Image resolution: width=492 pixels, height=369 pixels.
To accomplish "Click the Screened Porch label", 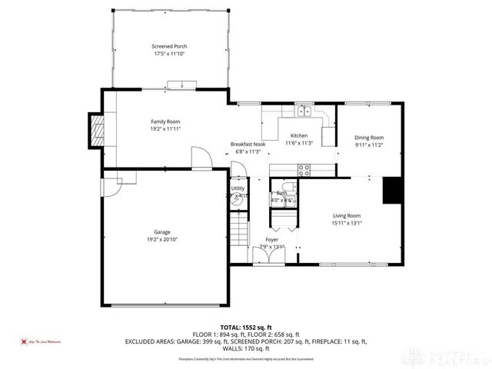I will tap(169, 46).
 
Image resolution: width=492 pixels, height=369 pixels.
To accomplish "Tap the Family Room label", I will tap(165, 121).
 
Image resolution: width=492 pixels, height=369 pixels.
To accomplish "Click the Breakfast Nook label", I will tap(247, 144).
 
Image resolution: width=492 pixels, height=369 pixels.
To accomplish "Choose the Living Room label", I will tap(346, 215).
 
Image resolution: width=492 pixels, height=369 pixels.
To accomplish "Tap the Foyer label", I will tap(272, 240).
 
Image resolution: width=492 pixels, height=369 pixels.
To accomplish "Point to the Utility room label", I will tap(238, 188).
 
